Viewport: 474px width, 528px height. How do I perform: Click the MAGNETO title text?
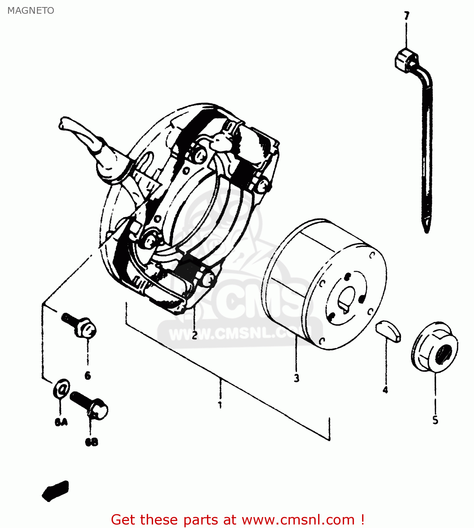pyautogui.click(x=31, y=11)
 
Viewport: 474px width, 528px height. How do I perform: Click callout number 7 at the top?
pyautogui.click(x=406, y=16)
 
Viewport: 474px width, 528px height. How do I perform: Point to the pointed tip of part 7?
pyautogui.click(x=427, y=229)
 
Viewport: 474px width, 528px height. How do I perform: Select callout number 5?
pyautogui.click(x=435, y=420)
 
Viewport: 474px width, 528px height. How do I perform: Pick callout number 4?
pyautogui.click(x=385, y=390)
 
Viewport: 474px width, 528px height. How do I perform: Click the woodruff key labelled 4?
pyautogui.click(x=388, y=331)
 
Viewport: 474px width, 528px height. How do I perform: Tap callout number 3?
pyautogui.click(x=297, y=378)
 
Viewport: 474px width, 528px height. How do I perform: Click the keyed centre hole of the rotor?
pyautogui.click(x=347, y=299)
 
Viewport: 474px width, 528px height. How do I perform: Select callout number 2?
pyautogui.click(x=194, y=335)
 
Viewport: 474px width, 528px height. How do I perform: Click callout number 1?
pyautogui.click(x=220, y=405)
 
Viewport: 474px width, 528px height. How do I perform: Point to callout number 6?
pyautogui.click(x=88, y=376)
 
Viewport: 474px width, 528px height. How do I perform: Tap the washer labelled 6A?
pyautogui.click(x=62, y=389)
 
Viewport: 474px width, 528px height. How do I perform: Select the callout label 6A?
pyautogui.click(x=61, y=422)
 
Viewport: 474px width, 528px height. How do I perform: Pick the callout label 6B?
pyautogui.click(x=91, y=442)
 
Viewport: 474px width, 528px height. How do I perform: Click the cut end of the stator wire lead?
pyautogui.click(x=63, y=123)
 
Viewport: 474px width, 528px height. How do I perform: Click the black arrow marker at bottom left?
pyautogui.click(x=56, y=490)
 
